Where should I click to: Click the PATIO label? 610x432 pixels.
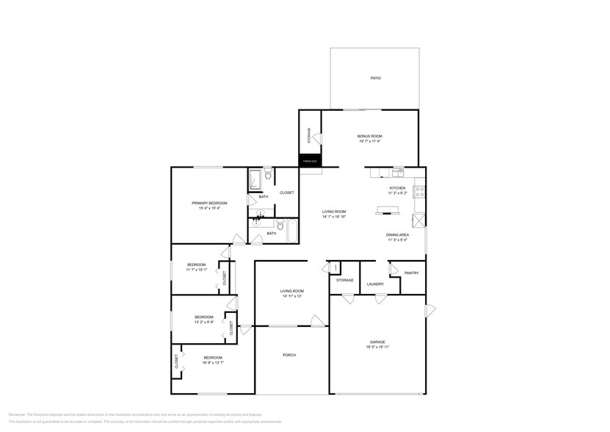point(374,78)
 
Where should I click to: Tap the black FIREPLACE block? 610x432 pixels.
point(310,161)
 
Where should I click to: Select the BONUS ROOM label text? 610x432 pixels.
point(369,136)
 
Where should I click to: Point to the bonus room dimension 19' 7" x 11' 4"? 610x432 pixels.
point(369,142)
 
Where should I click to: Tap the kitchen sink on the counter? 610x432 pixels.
point(397,173)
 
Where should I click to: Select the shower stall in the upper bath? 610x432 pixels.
point(255,180)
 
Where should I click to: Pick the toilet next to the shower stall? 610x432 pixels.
point(269,174)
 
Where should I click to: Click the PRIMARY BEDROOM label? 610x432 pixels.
point(209,203)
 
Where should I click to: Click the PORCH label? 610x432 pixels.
point(289,355)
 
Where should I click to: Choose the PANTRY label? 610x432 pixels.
point(411,273)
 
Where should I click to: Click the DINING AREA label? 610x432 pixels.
point(397,234)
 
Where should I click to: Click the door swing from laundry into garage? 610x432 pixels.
point(380,299)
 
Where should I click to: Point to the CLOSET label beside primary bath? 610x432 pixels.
point(286,192)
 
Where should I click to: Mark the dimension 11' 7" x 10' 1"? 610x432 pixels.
point(196,270)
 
